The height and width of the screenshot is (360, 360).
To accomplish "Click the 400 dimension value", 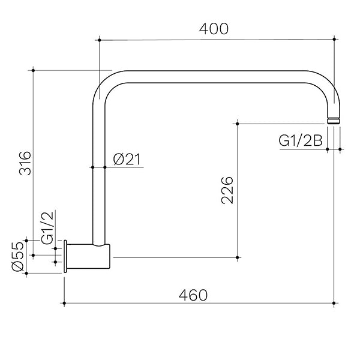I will pos(215,28).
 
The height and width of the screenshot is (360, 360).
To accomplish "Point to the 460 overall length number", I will pos(193,295).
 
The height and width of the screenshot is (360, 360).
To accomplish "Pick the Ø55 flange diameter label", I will pos(17,257).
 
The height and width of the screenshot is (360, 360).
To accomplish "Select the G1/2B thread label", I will pos(301,140).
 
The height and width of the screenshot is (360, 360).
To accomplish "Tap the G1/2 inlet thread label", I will pos(47,226).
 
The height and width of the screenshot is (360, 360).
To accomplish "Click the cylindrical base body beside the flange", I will pos(91,257).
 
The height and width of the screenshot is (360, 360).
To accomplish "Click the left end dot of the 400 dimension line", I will pos(97,40).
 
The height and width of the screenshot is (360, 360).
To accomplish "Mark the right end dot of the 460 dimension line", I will pos(335,304).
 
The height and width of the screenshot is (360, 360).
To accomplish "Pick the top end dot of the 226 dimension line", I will pos(238,124).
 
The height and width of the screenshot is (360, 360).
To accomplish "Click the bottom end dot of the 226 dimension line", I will pos(238,257).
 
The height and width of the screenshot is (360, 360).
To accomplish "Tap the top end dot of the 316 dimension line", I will pos(34,70).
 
